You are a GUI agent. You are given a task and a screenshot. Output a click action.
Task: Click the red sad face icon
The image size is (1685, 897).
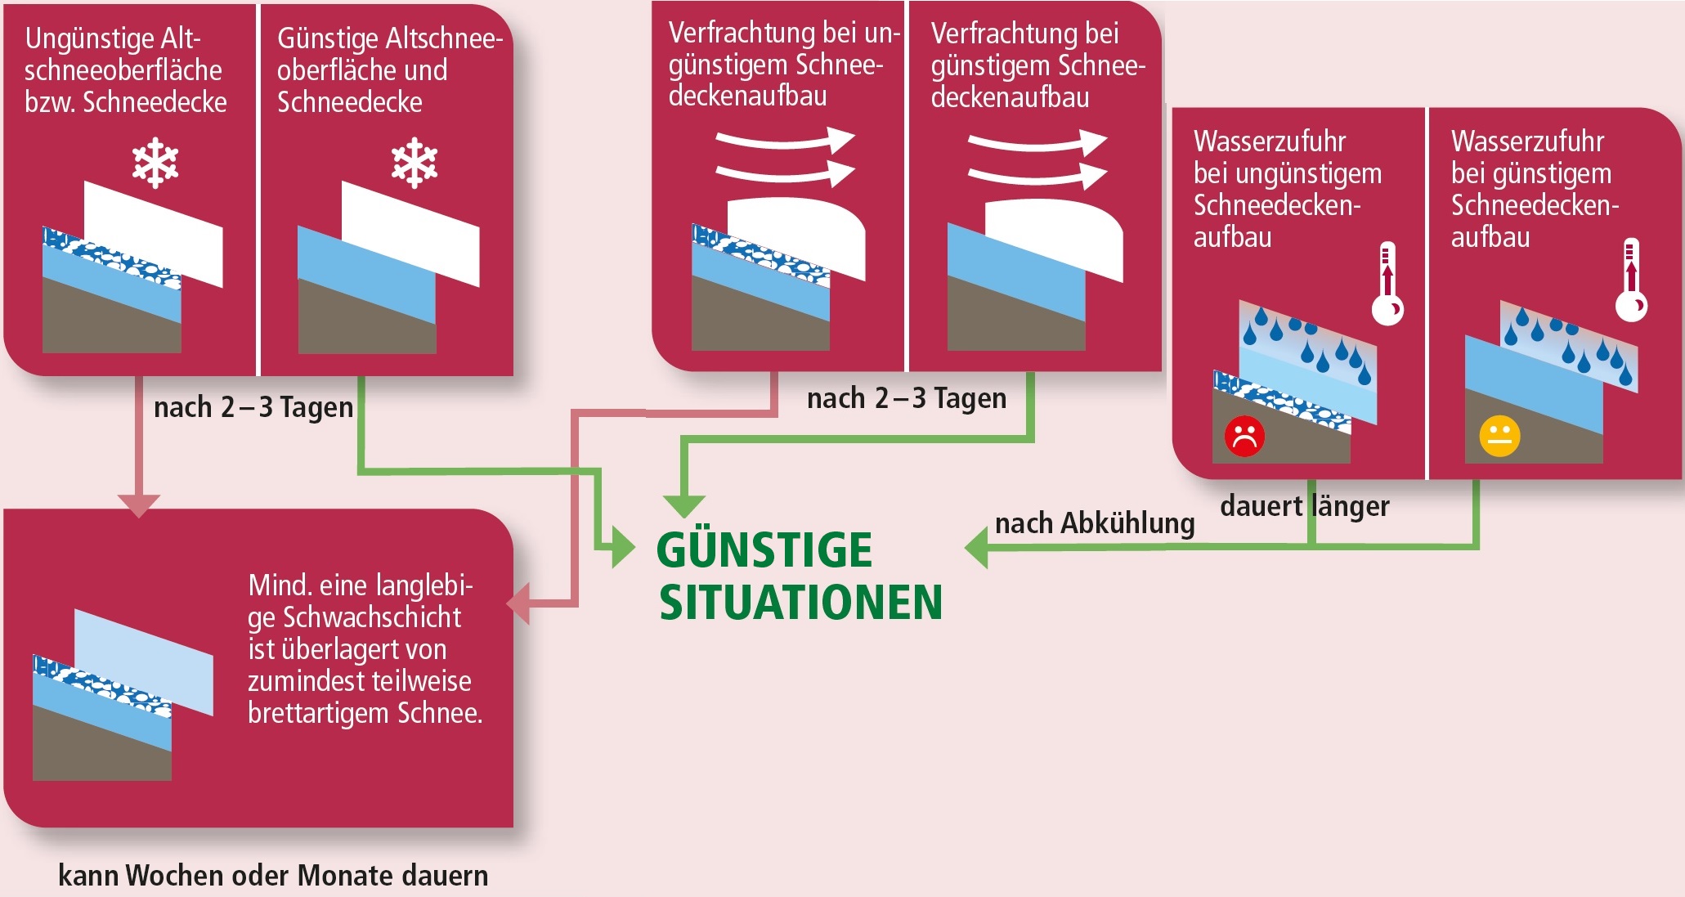pos(1244,437)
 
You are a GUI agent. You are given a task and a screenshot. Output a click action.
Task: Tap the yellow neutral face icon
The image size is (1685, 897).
pos(1499,436)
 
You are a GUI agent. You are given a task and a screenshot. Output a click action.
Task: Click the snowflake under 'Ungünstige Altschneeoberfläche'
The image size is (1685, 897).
pos(155,164)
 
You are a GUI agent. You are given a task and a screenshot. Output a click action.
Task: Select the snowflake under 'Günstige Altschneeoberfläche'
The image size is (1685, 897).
pos(415,163)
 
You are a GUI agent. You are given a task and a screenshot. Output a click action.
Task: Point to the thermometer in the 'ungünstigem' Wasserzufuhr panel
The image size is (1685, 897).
pos(1387,284)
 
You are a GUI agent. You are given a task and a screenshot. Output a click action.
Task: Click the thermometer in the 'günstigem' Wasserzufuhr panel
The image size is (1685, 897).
pos(1631,280)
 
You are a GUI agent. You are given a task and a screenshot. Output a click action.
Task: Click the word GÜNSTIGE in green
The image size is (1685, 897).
pos(764,549)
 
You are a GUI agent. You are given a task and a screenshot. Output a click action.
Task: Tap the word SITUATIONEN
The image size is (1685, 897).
pos(801,603)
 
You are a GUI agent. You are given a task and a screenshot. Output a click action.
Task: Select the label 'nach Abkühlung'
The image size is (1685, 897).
pos(1095,523)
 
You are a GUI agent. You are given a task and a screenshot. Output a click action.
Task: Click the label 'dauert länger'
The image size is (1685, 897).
pos(1304,506)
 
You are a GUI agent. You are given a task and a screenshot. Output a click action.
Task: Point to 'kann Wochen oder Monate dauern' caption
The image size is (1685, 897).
pos(273,876)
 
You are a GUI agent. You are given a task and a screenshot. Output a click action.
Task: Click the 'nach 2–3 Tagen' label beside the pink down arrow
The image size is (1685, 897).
pos(253,407)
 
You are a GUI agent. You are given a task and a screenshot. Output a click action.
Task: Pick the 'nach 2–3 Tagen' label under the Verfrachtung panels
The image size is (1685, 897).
pos(907,398)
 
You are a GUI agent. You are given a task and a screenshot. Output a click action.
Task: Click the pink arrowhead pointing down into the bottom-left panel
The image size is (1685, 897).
pos(139,505)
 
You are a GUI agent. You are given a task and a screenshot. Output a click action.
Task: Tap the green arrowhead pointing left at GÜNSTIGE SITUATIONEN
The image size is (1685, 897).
pos(976,547)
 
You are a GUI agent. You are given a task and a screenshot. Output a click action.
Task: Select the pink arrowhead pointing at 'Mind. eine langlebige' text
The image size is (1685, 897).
pos(518,604)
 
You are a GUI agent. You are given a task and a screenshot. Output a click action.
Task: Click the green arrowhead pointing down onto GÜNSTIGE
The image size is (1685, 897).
pos(684,506)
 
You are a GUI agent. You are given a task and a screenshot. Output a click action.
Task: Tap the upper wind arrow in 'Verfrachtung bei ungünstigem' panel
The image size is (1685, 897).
pos(785,141)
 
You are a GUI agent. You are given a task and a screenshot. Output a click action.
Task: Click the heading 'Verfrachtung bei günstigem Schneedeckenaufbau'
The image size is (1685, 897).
pos(1037,65)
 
